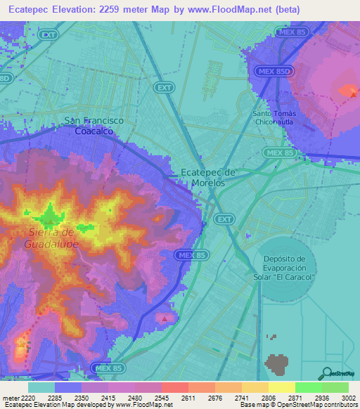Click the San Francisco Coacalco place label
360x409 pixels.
pos(94,126)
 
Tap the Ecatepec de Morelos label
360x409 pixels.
pos(208,177)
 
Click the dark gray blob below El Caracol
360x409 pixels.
pos(277,363)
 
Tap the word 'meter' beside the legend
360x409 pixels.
pos(11,398)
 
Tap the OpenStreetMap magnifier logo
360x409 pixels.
pos(325,373)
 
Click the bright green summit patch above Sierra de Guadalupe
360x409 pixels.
pos(51,213)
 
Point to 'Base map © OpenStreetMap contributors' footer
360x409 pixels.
pos(299,405)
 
